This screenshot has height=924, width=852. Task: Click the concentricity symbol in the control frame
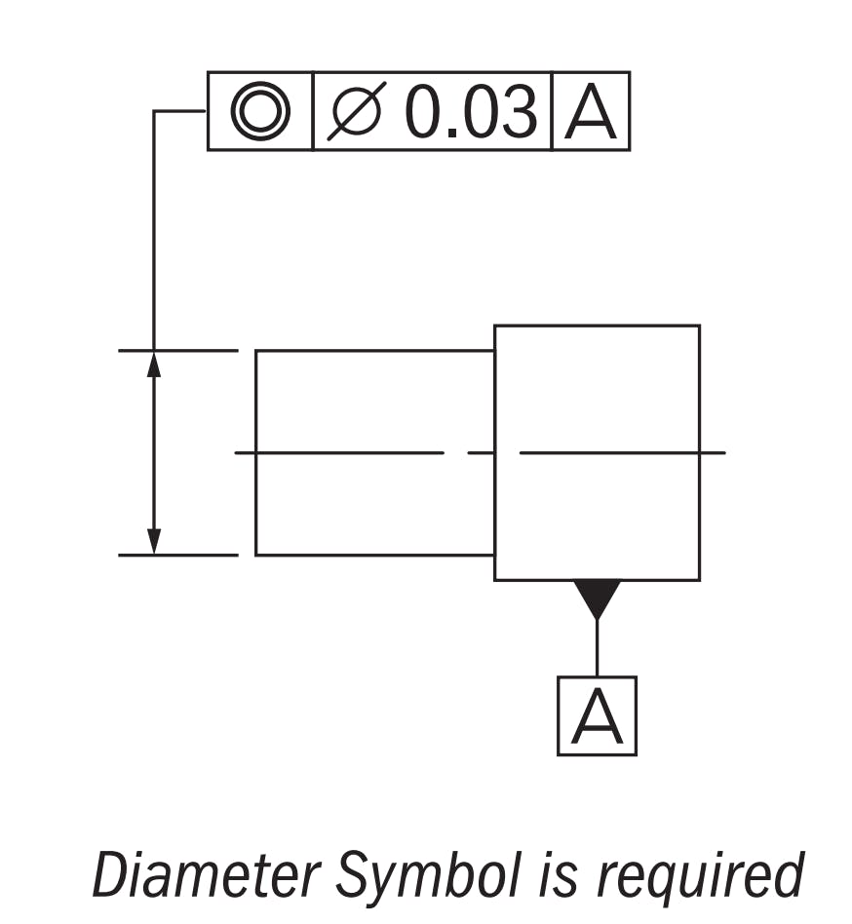click(260, 111)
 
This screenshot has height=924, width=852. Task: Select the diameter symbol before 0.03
click(357, 111)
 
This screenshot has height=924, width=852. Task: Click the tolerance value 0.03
click(471, 111)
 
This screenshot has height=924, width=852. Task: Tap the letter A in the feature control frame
click(591, 112)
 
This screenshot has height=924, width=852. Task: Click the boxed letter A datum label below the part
click(597, 716)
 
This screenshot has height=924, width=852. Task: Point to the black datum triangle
click(597, 596)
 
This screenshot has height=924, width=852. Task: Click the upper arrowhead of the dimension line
click(153, 363)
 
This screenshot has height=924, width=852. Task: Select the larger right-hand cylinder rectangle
click(597, 390)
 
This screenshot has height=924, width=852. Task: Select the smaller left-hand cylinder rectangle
click(374, 400)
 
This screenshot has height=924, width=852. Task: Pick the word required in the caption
click(698, 875)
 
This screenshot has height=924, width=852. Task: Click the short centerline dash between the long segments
click(481, 453)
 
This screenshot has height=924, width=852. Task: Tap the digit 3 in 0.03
click(517, 111)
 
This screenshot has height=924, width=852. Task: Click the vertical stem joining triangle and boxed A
click(597, 648)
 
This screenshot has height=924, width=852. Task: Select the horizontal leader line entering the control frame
click(180, 111)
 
